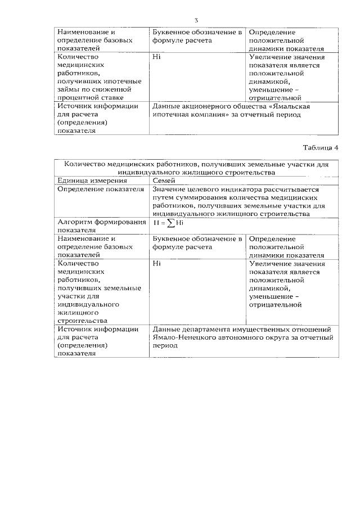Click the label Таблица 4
tap(321, 148)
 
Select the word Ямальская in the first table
tap(289, 106)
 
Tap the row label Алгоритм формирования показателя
tap(98, 226)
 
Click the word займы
tap(70, 89)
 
